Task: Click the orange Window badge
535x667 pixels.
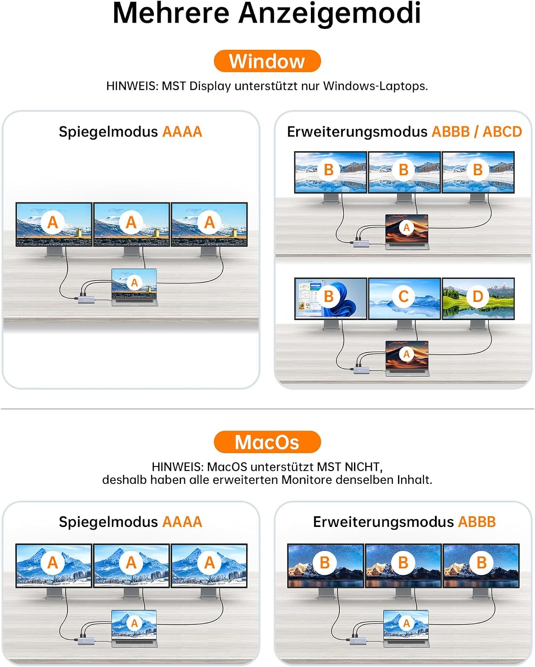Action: [267, 61]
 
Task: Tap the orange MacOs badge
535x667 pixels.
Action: [267, 442]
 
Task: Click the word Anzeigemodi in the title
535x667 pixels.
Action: [330, 14]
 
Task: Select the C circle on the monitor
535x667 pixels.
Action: [403, 297]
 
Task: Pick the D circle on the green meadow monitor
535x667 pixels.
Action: [478, 297]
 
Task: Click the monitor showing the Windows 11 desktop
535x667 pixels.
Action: [331, 299]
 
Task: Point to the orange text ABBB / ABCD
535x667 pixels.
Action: [477, 132]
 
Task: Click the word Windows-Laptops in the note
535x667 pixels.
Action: [375, 86]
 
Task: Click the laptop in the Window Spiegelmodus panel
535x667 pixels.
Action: [134, 287]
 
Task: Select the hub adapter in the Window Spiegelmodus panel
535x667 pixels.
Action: [86, 299]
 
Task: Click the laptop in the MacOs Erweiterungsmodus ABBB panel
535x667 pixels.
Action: [406, 628]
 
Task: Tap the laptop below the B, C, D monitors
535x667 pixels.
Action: [407, 358]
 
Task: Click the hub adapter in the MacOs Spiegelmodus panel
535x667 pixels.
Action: [86, 640]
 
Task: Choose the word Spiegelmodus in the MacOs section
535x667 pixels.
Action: [108, 522]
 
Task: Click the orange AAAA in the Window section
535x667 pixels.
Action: [182, 132]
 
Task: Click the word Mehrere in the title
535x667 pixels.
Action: [171, 14]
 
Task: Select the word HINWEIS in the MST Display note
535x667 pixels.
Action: [133, 86]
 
